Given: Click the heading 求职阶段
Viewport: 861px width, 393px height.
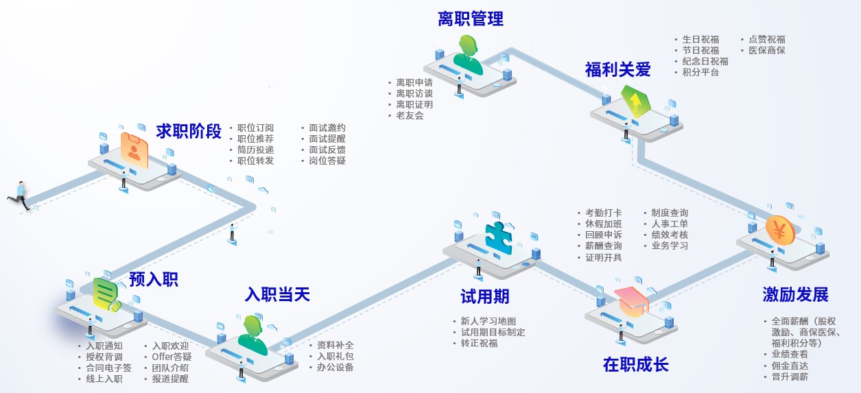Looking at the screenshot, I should [x=189, y=131].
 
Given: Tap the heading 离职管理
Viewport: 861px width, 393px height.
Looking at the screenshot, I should [x=471, y=19].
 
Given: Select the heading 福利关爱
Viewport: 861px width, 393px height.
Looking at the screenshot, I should [x=617, y=69].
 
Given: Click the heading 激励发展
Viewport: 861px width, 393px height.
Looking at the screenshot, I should [x=795, y=295].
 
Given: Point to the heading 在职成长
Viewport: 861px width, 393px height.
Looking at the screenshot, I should [x=635, y=364].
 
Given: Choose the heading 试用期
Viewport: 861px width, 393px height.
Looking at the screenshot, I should [x=484, y=296].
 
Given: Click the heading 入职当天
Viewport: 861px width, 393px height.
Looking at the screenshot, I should [x=277, y=295].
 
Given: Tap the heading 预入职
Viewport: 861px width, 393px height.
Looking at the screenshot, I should [x=154, y=279].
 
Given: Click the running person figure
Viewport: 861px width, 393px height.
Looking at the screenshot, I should [x=19, y=195].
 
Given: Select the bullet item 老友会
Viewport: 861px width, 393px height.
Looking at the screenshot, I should [x=410, y=116].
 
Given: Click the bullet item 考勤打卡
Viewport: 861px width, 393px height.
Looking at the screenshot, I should [x=603, y=213].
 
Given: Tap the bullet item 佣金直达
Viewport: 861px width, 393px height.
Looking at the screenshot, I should [x=789, y=366].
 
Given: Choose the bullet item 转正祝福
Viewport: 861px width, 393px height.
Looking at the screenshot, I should [x=479, y=343].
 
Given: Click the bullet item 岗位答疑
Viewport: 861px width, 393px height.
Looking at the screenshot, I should [x=327, y=160].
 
